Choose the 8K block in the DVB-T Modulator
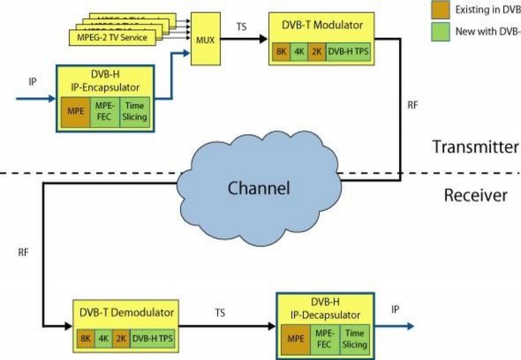(281, 52)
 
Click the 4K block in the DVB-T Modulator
(299, 52)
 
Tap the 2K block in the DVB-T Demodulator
(120, 338)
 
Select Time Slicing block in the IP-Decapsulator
(355, 337)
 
